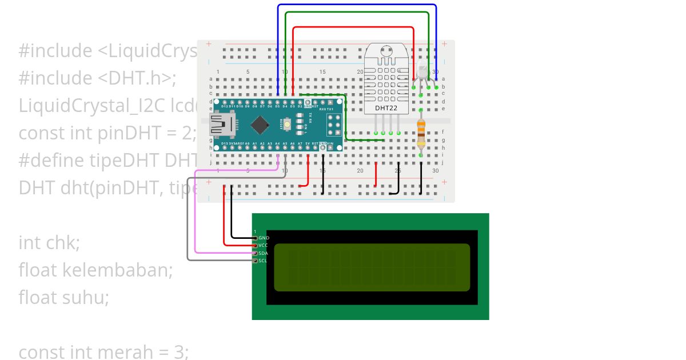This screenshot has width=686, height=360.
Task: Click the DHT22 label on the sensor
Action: coord(387,107)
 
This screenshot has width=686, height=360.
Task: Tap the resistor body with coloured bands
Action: coord(421,132)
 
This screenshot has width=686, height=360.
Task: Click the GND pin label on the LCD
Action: coord(264,238)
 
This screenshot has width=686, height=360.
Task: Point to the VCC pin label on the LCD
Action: coord(264,245)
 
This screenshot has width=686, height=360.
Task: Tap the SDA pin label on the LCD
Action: coord(264,253)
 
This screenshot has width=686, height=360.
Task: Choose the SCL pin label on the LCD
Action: coord(263,261)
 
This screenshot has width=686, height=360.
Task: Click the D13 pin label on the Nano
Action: coord(224,143)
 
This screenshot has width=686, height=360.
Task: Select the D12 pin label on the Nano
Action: coord(225,106)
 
